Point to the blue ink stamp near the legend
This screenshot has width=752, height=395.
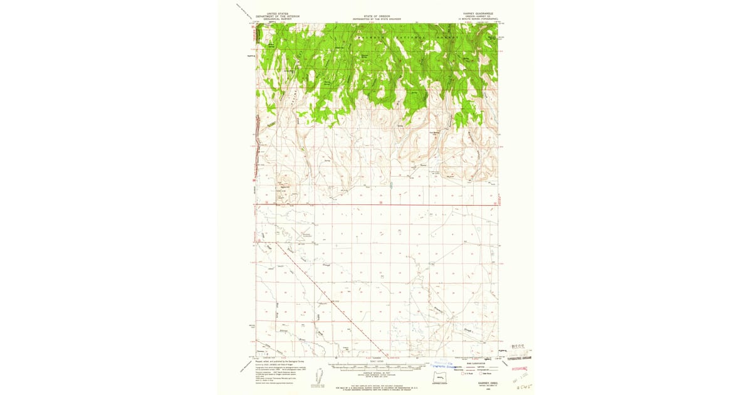(446, 365)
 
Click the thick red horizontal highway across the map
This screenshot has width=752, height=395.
(376, 204)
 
